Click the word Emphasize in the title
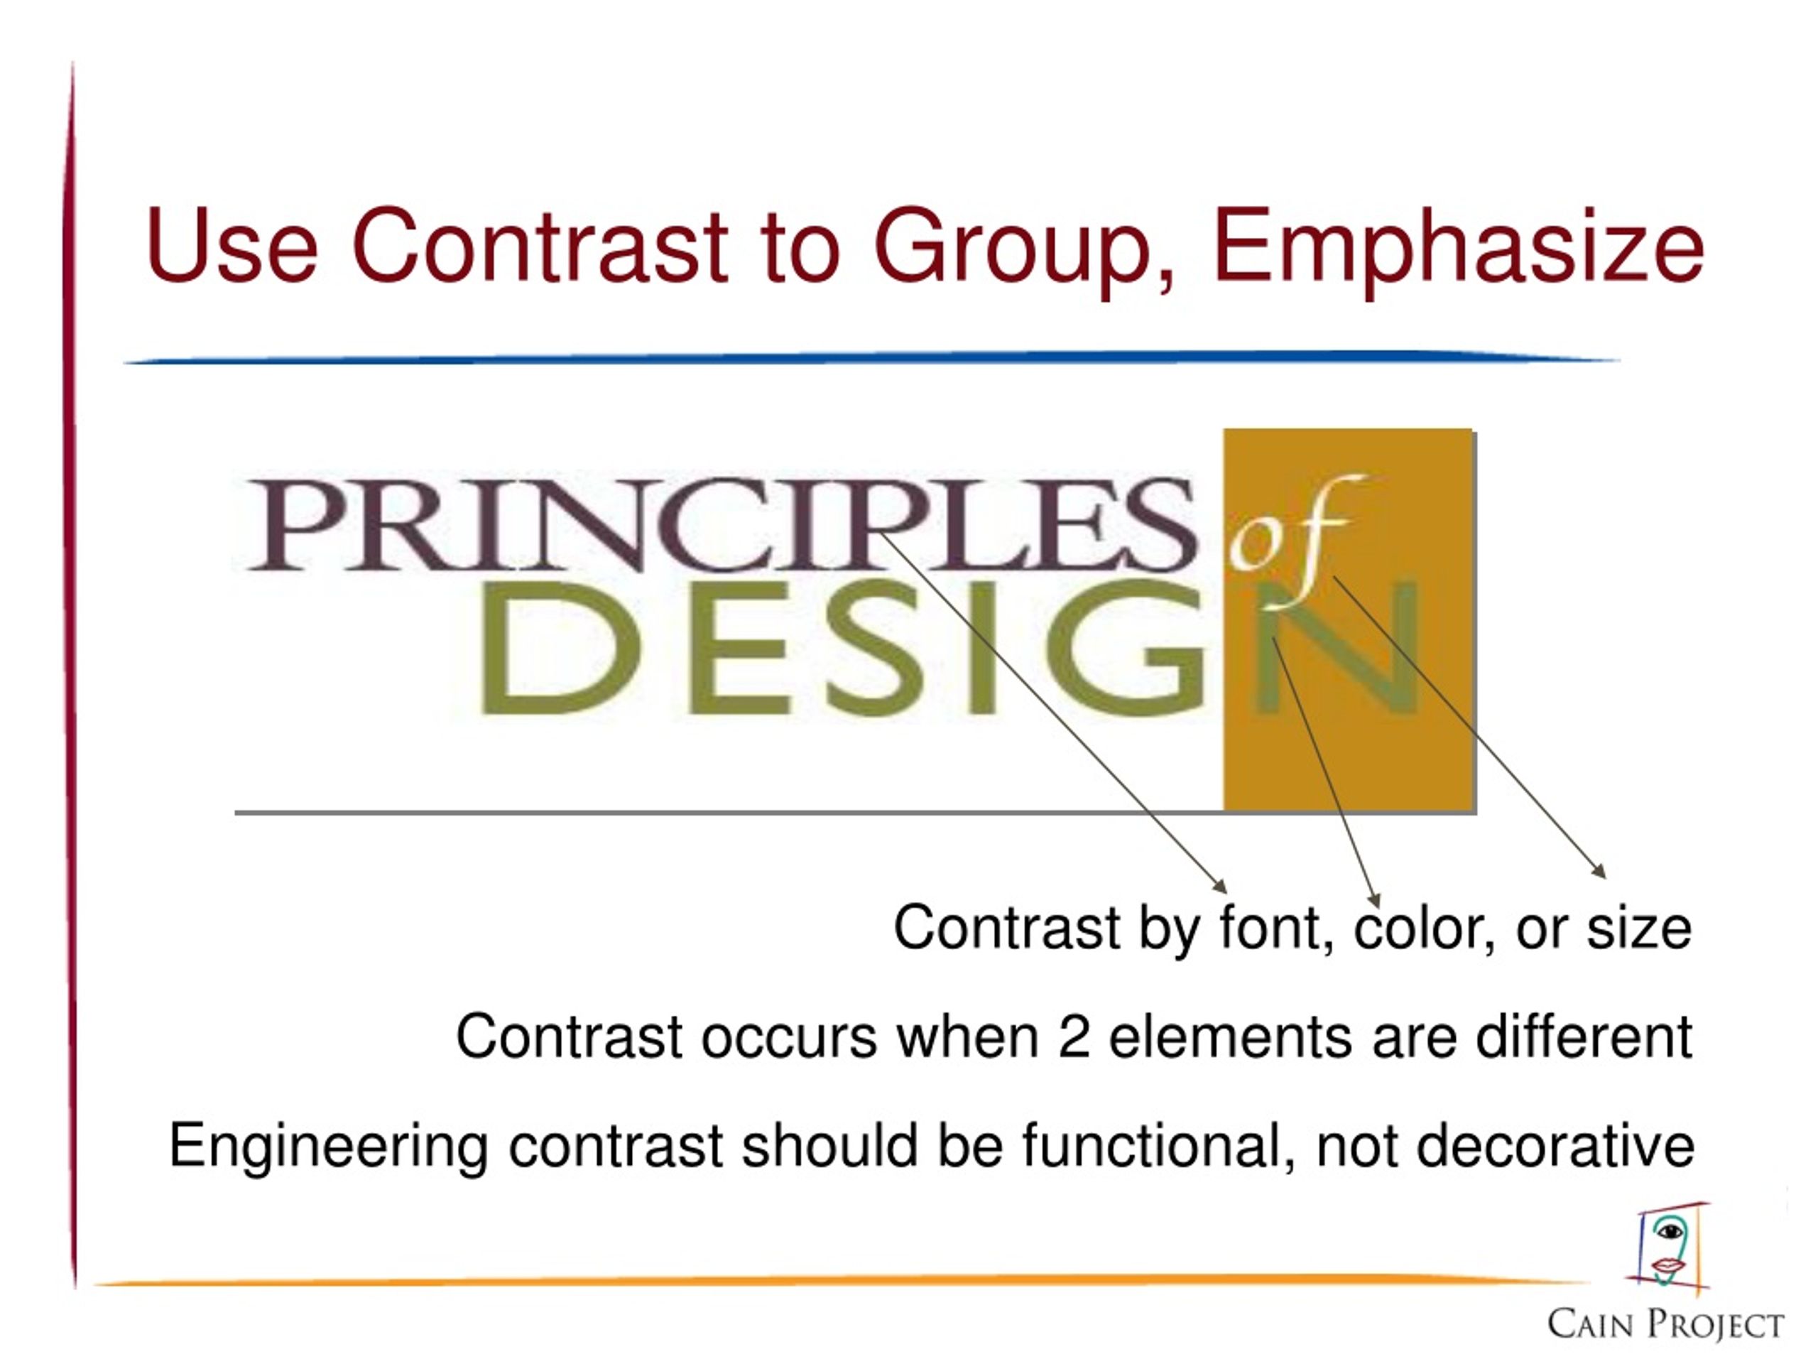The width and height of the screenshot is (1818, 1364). pyautogui.click(x=1458, y=247)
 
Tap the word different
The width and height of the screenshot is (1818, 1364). pyautogui.click(x=1583, y=1036)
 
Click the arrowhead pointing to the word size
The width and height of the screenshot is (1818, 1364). pyautogui.click(x=1599, y=872)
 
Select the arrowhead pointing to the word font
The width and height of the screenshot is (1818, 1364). pyautogui.click(x=1221, y=887)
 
